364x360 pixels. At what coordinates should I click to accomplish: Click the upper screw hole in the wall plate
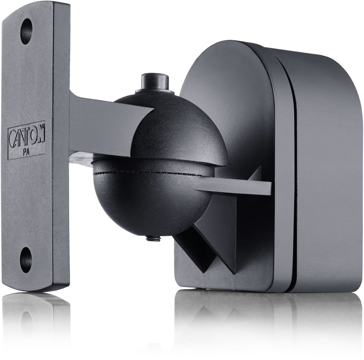[26, 31]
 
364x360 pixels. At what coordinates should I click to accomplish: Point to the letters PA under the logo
[26, 152]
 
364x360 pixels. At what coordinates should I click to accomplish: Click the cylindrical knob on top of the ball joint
[155, 82]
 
